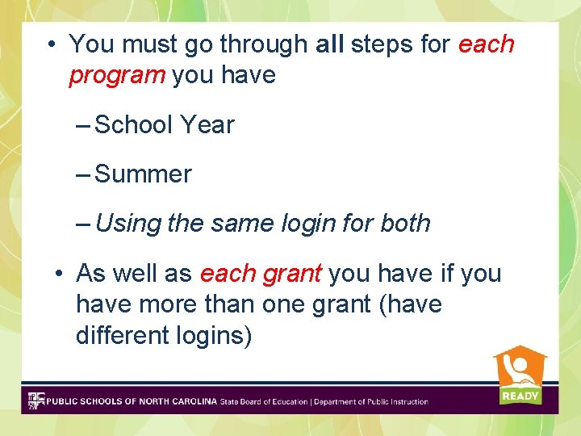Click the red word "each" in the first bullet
[x=486, y=44]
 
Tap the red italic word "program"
[x=116, y=76]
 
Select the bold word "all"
[x=330, y=44]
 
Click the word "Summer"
[x=143, y=174]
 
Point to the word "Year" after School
[x=207, y=125]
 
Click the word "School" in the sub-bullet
[x=134, y=125]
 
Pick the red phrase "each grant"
[x=261, y=274]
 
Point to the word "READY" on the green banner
[x=520, y=396]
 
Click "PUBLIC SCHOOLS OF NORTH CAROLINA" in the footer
[x=132, y=401]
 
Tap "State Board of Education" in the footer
[x=264, y=401]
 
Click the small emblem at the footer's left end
[x=36, y=400]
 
